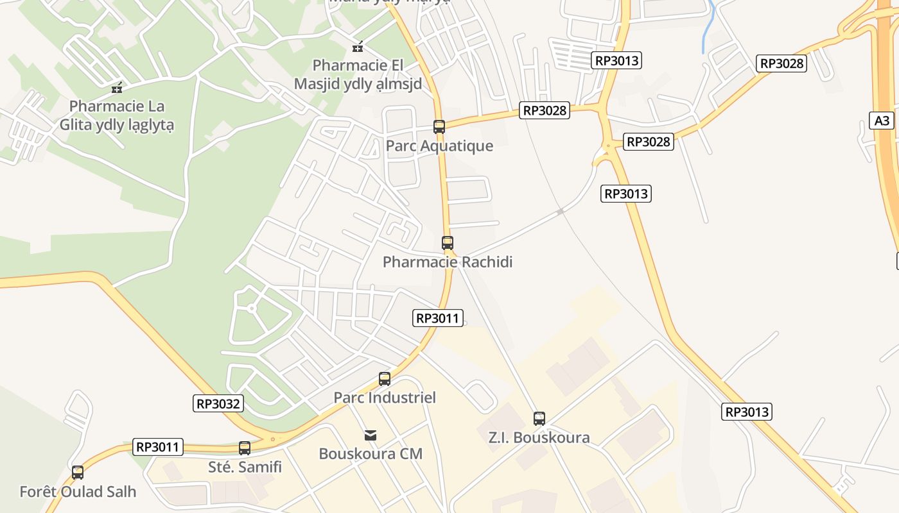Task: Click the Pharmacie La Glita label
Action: click(116, 115)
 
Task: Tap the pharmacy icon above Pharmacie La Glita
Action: click(116, 87)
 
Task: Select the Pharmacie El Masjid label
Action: click(358, 74)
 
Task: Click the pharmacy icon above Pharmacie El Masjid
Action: click(358, 47)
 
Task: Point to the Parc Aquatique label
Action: click(439, 146)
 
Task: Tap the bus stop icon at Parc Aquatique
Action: click(439, 126)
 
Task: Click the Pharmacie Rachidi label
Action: click(448, 262)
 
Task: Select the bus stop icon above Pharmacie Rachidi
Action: click(448, 242)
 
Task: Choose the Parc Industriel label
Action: click(385, 398)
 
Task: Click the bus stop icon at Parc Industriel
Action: click(385, 378)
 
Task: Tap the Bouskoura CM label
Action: click(371, 453)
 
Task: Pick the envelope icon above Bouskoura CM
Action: click(371, 435)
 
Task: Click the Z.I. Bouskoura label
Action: click(539, 437)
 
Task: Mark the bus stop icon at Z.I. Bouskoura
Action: click(539, 418)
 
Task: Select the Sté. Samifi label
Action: click(245, 467)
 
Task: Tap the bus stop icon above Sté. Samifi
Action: click(245, 448)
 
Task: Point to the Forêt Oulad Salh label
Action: click(78, 492)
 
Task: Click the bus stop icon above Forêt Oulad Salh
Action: click(78, 473)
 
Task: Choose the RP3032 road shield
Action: click(218, 403)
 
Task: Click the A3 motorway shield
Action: click(882, 121)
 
